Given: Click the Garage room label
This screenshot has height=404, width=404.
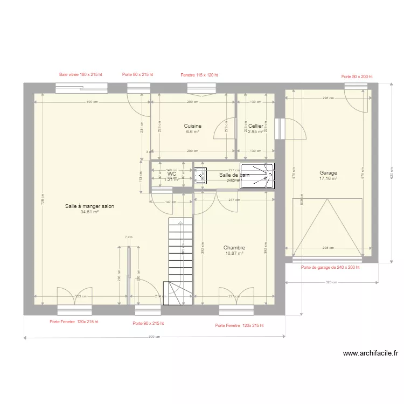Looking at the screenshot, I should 328,173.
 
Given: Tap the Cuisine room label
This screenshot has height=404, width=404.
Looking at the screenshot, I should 192,126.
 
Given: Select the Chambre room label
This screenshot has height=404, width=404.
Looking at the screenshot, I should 234,248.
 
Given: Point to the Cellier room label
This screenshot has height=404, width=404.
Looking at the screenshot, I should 255,126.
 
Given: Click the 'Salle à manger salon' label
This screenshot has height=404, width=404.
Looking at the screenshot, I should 89,206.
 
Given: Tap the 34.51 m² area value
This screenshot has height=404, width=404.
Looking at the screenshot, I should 89,212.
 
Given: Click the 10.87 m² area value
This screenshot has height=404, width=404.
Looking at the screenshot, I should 234,253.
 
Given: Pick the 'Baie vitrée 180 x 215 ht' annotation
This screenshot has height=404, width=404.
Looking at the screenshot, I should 81,75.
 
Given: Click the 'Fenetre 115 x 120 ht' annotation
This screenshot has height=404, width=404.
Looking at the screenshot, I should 199,75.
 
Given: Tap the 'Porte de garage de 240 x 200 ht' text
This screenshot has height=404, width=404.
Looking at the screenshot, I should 330,267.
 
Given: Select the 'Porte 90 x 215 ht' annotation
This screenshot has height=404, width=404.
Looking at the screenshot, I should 148,323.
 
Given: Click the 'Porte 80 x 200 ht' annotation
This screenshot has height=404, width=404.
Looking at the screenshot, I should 357,76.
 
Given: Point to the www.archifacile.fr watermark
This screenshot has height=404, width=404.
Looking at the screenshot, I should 370,354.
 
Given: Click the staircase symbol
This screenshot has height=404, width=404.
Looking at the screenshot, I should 180,261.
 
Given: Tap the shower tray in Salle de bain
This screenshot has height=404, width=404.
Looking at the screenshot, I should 257,176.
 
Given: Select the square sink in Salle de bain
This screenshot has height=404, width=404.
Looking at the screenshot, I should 200,176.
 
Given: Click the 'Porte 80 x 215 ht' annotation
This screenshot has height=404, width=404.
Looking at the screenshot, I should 137,75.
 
